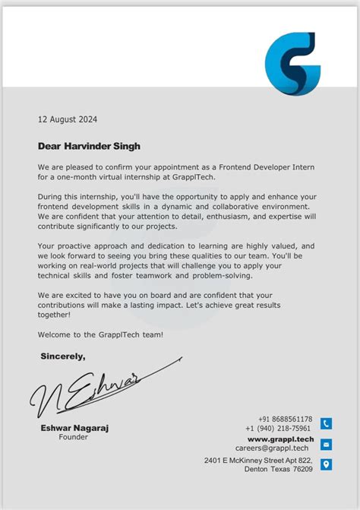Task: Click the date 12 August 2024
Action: coord(68,119)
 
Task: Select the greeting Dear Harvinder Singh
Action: coord(89,146)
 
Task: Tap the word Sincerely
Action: coord(63,356)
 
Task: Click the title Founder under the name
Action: coord(74,437)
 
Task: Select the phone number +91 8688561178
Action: coord(285,420)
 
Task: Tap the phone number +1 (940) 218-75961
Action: coord(279,429)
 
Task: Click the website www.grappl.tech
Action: coord(280,439)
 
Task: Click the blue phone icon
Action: coord(326,424)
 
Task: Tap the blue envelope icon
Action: coord(326,444)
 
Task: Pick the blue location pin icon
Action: coord(326,464)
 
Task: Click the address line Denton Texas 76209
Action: coord(279,470)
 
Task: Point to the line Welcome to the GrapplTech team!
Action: coord(100,335)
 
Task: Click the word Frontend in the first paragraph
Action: coord(247,166)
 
